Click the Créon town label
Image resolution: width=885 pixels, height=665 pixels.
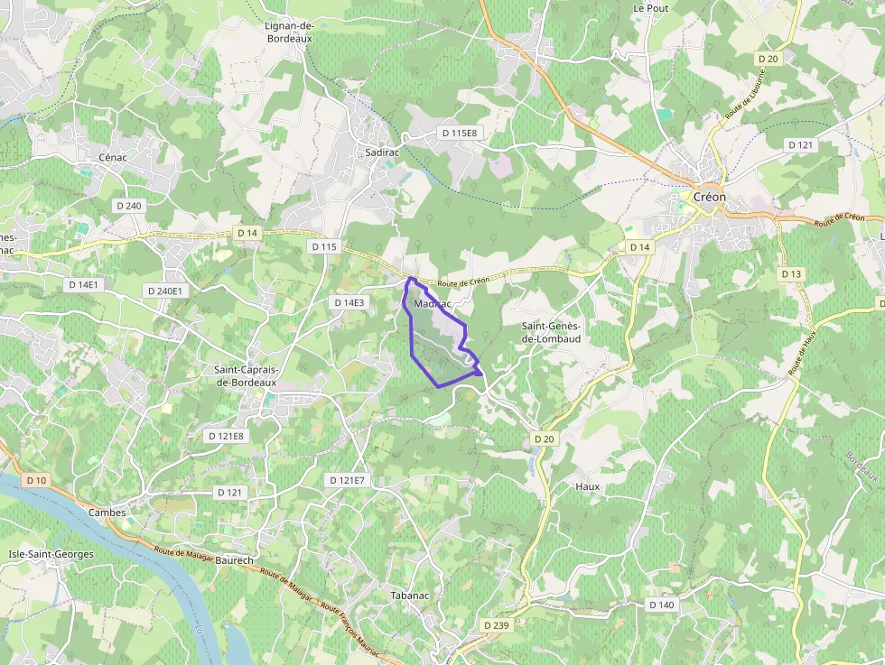[709, 198]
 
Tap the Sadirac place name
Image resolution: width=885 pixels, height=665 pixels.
[382, 153]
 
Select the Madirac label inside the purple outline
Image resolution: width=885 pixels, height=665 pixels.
[432, 304]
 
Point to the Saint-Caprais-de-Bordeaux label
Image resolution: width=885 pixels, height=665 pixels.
[246, 375]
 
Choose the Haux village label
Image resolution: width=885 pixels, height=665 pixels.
[587, 486]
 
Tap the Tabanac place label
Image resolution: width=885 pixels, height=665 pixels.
[409, 596]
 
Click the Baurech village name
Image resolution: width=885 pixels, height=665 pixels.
[235, 560]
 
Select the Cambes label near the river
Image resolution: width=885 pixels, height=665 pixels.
[107, 513]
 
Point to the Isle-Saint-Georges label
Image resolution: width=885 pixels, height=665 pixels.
[51, 554]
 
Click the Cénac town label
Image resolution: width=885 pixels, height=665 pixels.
[113, 157]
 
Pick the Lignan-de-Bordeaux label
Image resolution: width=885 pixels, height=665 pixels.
[289, 33]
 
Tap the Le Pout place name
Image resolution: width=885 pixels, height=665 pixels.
[650, 8]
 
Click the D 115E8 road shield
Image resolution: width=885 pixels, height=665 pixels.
[459, 133]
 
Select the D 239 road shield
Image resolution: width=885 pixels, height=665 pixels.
[497, 625]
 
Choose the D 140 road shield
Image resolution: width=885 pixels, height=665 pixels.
[661, 605]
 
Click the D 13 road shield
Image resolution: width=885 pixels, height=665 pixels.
[791, 273]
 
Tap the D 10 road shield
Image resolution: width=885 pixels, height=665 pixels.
[37, 480]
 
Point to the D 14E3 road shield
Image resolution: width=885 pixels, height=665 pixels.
[349, 302]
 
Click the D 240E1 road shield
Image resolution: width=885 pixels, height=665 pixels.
[164, 291]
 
